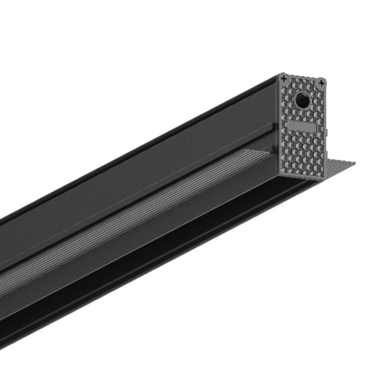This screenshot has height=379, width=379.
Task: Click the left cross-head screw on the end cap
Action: (x=283, y=78)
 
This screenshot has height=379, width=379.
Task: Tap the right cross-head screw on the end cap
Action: (x=321, y=81)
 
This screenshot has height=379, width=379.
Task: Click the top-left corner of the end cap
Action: (x=280, y=75)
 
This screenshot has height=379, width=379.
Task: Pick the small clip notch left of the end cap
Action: (x=275, y=128)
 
